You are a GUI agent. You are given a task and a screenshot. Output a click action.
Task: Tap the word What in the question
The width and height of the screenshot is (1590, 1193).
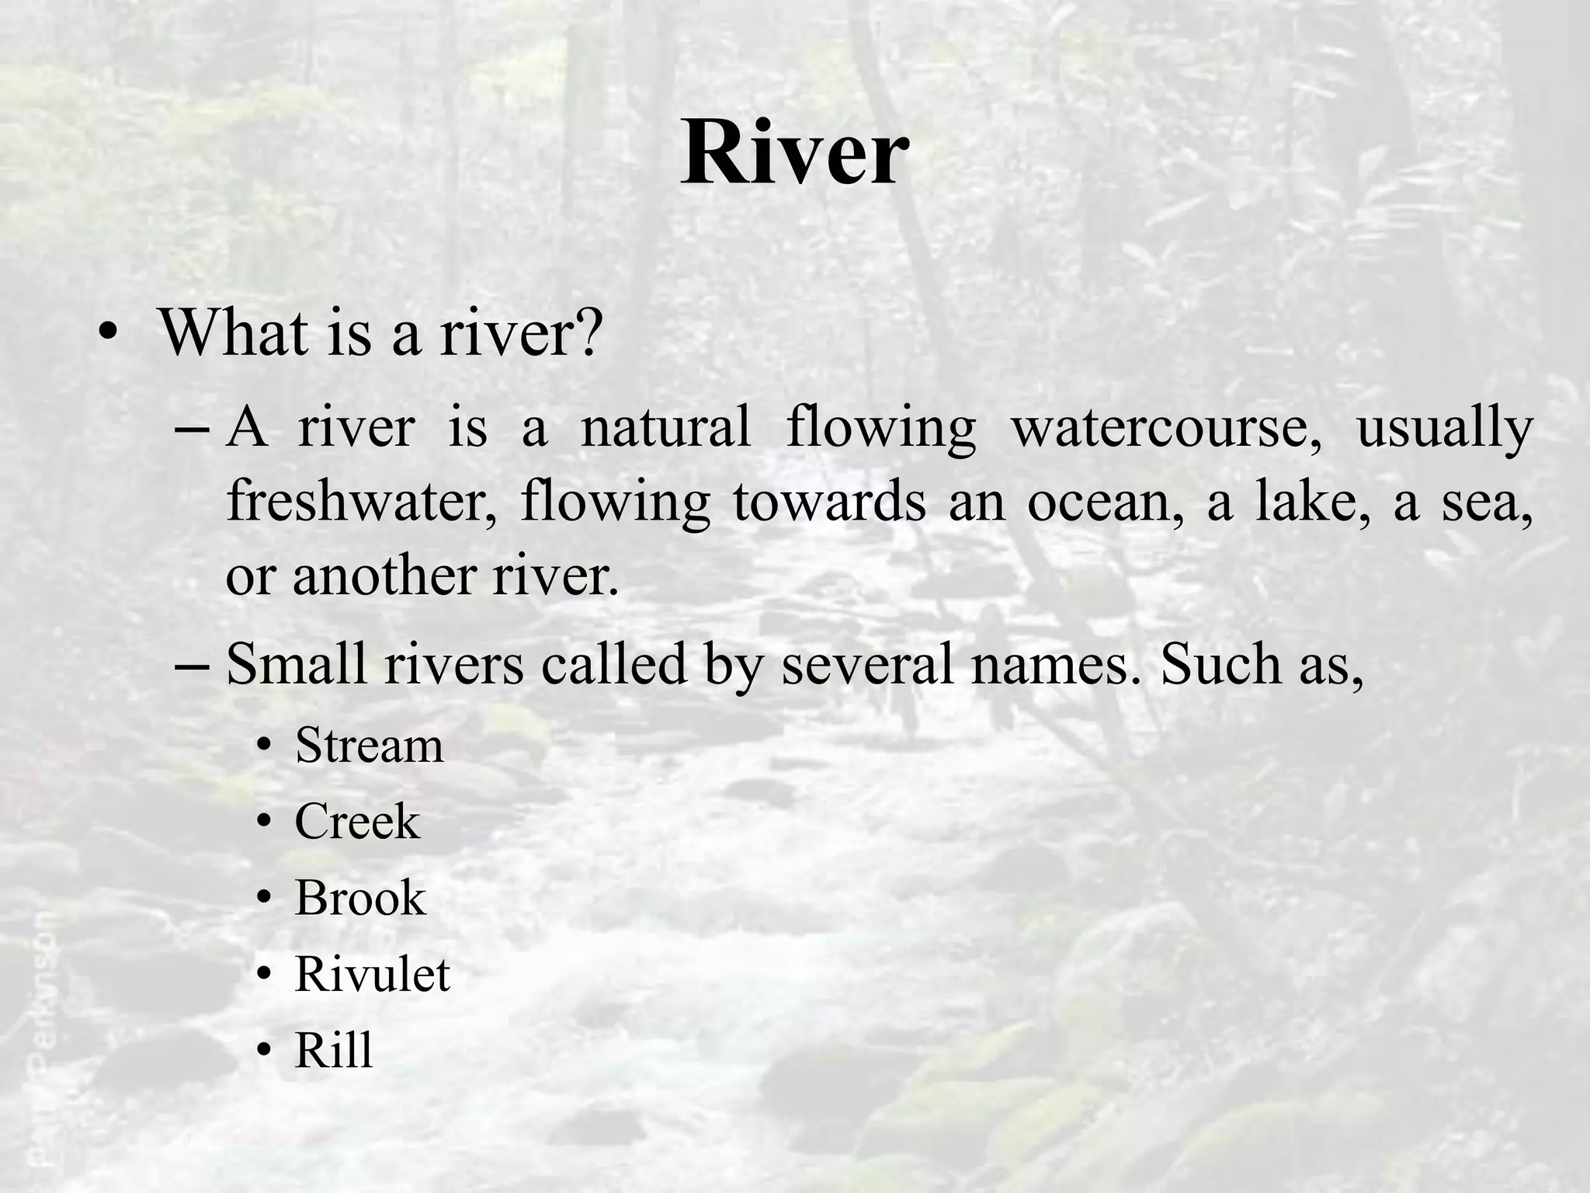(x=232, y=332)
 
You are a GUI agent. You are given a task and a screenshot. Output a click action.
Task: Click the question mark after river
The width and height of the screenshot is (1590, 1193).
(x=588, y=332)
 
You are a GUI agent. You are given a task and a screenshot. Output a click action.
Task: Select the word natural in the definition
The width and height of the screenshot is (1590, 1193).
(x=666, y=427)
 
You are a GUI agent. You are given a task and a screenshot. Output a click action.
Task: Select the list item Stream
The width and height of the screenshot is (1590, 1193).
(x=370, y=746)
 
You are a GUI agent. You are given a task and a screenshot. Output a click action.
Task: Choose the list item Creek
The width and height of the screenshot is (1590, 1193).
(x=357, y=822)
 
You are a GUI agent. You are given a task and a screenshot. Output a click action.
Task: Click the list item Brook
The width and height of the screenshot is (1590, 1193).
(x=360, y=898)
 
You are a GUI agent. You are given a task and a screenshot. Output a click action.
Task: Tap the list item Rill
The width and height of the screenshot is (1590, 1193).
(x=334, y=1050)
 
